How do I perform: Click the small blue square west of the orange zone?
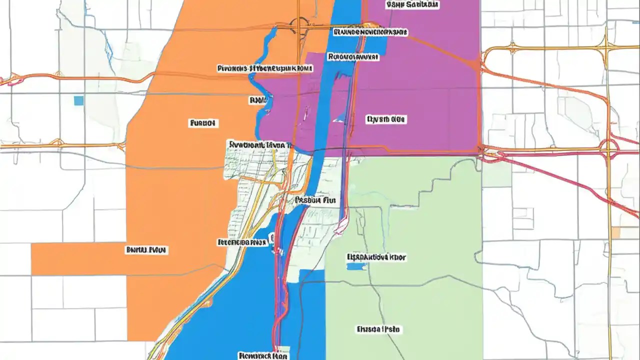tap(78, 101)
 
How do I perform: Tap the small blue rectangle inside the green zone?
tap(356, 266)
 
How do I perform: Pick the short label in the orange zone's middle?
tap(202, 122)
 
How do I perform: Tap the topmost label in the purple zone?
tap(412, 4)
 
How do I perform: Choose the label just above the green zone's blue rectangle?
tap(376, 257)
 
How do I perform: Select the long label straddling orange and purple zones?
tap(265, 68)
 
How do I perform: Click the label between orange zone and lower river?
tap(241, 242)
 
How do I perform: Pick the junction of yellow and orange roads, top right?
tap(606, 48)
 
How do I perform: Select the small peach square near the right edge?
tap(616, 232)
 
